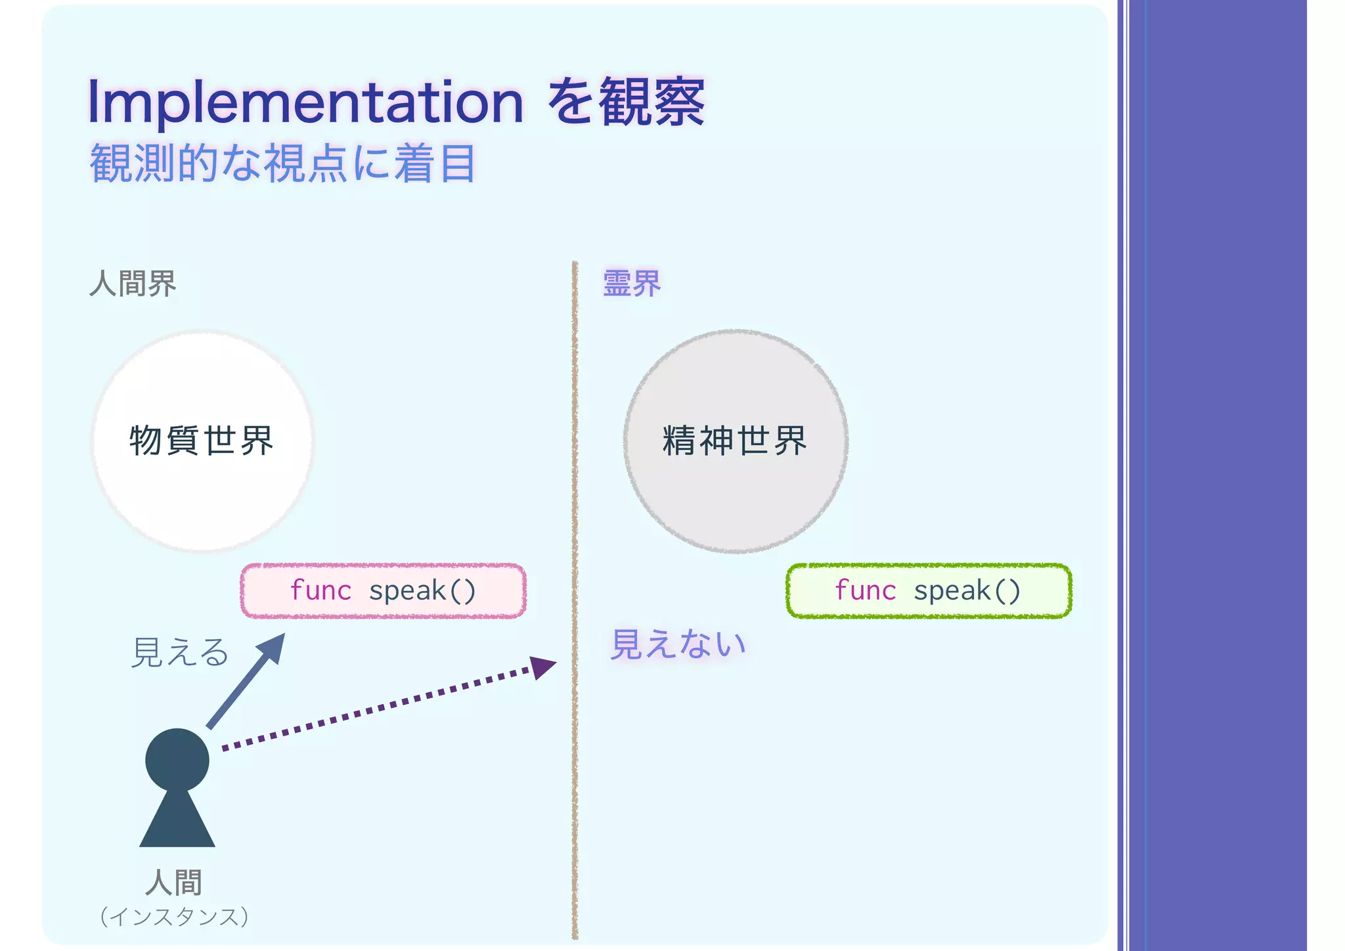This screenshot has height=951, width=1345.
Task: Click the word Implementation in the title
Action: [305, 102]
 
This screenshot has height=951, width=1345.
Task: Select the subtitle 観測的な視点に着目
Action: [282, 164]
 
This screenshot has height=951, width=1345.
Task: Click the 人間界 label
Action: [133, 284]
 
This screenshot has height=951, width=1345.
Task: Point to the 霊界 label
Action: [631, 284]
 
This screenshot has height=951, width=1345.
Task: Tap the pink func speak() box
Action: [383, 590]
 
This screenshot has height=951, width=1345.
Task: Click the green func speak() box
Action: [929, 590]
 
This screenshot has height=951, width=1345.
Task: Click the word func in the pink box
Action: [320, 590]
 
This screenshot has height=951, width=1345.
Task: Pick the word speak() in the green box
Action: [967, 590]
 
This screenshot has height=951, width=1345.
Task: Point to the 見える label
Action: [179, 653]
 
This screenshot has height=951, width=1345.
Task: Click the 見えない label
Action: [678, 644]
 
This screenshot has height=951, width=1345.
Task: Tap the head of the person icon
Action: [177, 760]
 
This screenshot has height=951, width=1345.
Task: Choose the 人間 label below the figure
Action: [174, 882]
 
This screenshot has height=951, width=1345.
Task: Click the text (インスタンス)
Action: [174, 917]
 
